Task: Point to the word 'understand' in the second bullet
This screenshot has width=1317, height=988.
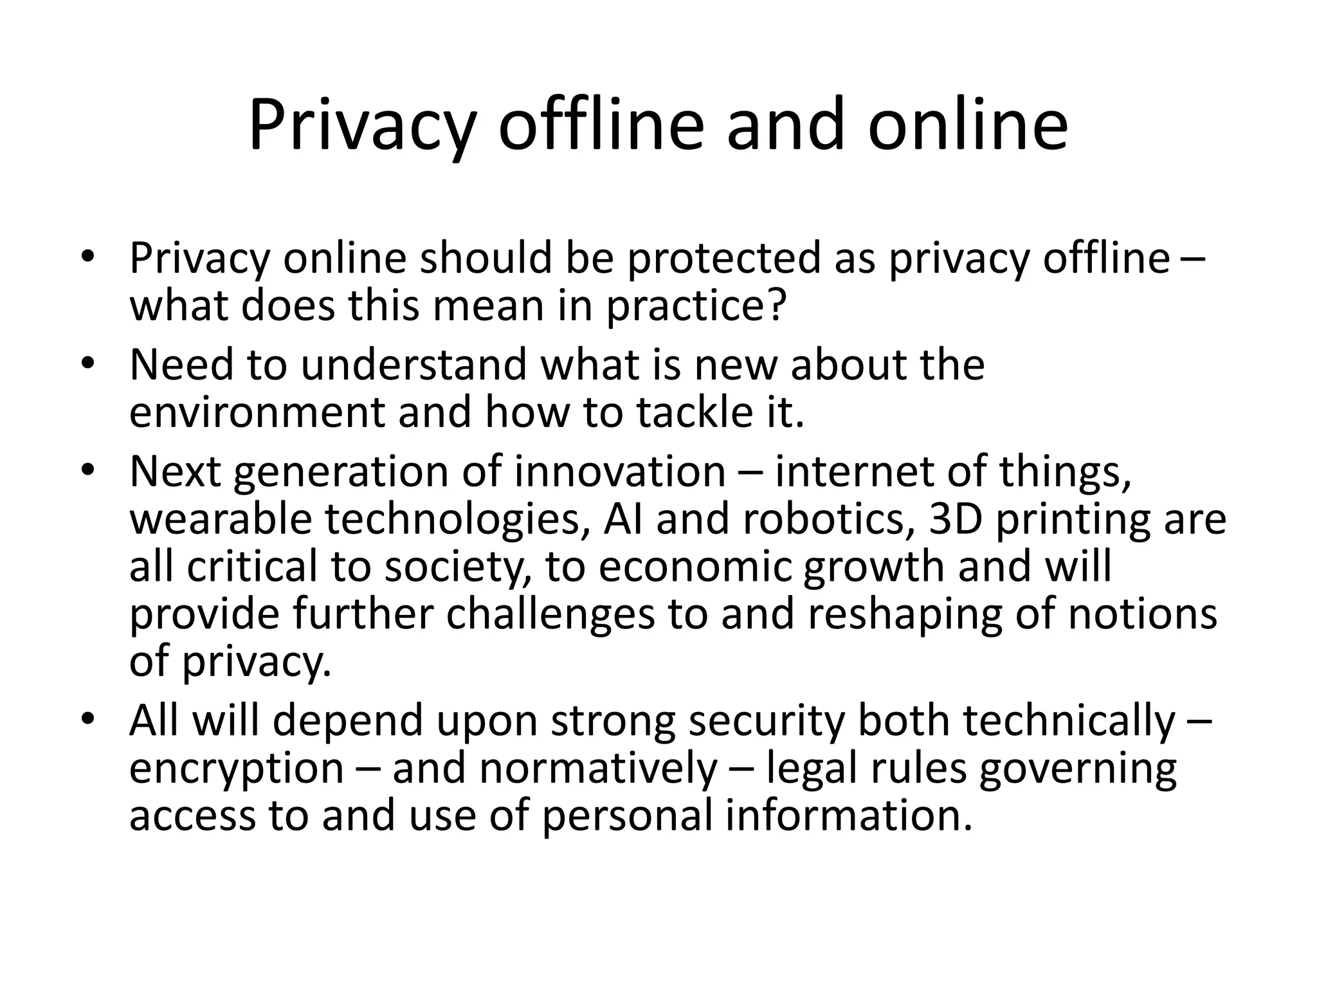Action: click(x=414, y=365)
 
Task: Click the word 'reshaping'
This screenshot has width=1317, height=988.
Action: click(x=904, y=614)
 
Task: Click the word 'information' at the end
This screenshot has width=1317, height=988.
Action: click(x=849, y=816)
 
